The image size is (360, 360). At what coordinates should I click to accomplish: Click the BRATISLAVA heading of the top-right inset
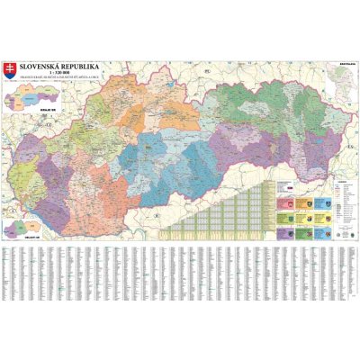point(344,64)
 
